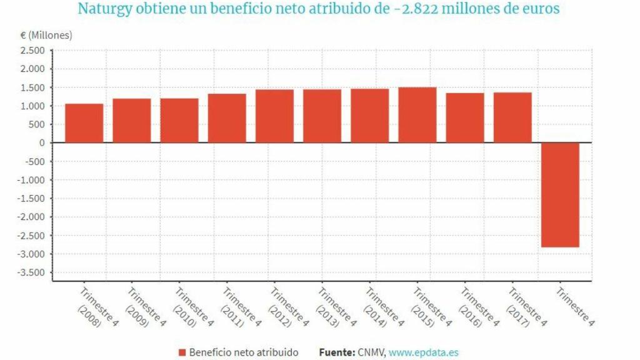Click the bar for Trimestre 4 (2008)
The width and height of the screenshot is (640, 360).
click(84, 123)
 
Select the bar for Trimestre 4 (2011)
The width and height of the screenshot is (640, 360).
click(227, 118)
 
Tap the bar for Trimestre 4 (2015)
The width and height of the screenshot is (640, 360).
click(417, 115)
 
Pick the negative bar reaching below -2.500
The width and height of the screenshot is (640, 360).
click(560, 194)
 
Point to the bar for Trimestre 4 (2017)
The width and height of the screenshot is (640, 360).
click(512, 117)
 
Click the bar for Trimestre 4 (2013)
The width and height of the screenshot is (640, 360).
click(322, 116)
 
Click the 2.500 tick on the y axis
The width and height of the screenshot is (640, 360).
click(32, 50)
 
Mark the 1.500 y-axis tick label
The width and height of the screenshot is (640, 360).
click(32, 87)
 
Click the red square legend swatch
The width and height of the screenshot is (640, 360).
click(182, 352)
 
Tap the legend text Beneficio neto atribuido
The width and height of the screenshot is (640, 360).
click(244, 352)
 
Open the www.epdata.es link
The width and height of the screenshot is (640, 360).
click(423, 352)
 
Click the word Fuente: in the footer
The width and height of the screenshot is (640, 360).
click(337, 352)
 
